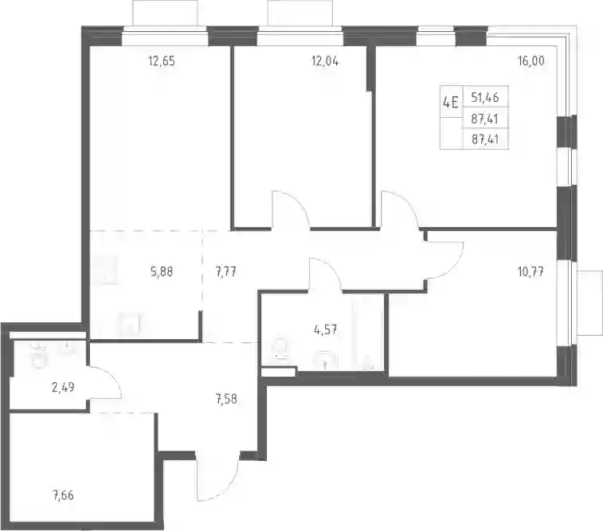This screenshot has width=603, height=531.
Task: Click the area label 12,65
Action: (162, 61)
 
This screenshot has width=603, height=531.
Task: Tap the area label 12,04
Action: (325, 61)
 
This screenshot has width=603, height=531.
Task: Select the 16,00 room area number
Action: (531, 61)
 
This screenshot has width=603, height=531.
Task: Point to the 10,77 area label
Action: (531, 272)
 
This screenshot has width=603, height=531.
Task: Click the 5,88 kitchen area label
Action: (162, 272)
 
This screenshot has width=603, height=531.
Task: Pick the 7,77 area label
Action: (225, 272)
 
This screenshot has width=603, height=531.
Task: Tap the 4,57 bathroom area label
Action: (326, 330)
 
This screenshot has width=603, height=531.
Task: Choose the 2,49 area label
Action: (63, 387)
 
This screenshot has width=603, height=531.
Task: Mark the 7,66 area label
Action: (63, 496)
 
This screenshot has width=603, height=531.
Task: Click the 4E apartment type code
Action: (451, 103)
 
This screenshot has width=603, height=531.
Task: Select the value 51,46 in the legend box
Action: (485, 98)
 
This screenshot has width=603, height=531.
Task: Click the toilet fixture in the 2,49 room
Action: (40, 357)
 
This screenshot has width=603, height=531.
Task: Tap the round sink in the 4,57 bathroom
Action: (326, 361)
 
